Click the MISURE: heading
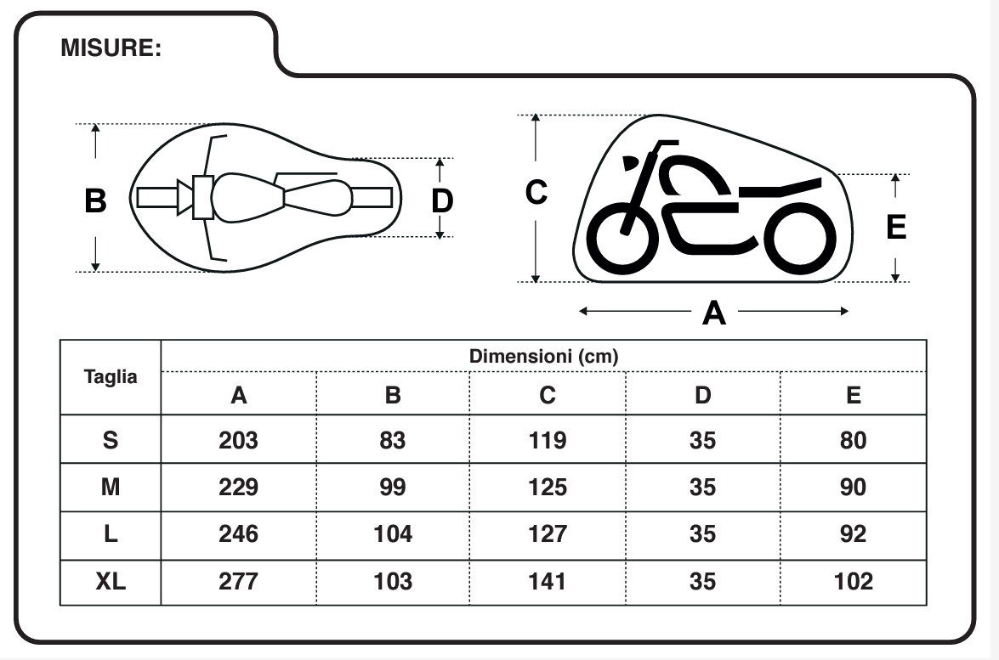(111, 48)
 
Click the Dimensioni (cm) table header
(543, 356)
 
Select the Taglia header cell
(111, 377)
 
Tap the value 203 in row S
(238, 440)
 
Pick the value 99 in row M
(393, 488)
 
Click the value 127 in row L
(548, 534)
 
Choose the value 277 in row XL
(238, 582)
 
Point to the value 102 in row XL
(854, 582)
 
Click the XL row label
(111, 582)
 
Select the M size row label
(111, 488)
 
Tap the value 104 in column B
(393, 534)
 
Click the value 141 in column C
(548, 582)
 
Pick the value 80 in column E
(854, 440)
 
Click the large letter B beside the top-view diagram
(96, 202)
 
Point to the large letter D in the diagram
(442, 202)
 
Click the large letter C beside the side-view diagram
(536, 195)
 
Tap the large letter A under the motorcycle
(714, 313)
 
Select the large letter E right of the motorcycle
(896, 228)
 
